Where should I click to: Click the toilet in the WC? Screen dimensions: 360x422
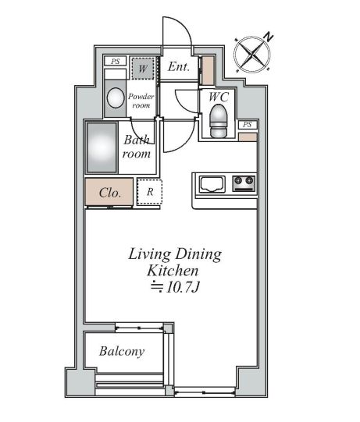[x=219, y=121]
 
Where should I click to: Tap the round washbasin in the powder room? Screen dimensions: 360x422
[x=116, y=98]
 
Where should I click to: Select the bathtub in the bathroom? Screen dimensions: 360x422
[x=102, y=147]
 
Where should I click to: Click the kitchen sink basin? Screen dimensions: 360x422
[x=212, y=184]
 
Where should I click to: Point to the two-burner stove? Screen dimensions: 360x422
[x=244, y=184]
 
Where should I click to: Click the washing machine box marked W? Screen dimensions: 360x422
[x=143, y=69]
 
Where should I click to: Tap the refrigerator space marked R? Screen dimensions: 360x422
[x=150, y=192]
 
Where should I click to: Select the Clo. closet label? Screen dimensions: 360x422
[x=110, y=193]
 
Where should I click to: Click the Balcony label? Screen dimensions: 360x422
[x=122, y=352]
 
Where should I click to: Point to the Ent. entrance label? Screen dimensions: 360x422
[x=179, y=67]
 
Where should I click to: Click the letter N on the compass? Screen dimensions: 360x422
[x=268, y=37]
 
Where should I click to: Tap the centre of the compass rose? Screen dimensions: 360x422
[x=252, y=55]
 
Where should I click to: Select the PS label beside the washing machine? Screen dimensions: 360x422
[x=116, y=62]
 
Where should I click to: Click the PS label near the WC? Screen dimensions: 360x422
[x=247, y=125]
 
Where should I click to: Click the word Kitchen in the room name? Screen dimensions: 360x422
[x=173, y=271]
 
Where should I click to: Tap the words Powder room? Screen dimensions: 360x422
[x=141, y=101]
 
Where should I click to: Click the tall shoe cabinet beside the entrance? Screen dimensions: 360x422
[x=208, y=70]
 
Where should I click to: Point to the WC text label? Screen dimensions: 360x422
[x=219, y=97]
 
